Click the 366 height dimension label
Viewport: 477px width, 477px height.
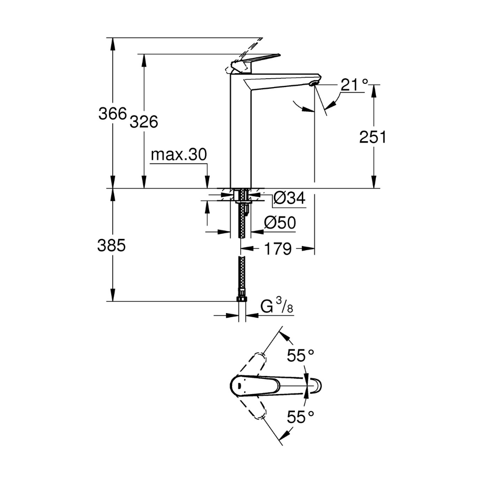112,113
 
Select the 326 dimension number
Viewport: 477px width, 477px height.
143,122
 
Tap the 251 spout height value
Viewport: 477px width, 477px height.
373,137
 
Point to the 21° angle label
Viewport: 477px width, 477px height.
354,85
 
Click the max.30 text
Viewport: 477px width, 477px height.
178,155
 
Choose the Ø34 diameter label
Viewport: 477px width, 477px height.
289,199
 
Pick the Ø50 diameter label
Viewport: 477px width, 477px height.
279,224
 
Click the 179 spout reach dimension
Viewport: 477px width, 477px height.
278,249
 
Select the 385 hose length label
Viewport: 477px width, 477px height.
111,245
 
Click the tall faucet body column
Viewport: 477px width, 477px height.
241,135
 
